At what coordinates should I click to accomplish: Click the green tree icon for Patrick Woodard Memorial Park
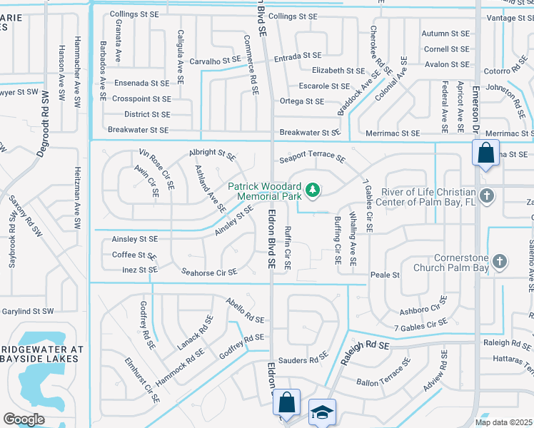pos(311,190)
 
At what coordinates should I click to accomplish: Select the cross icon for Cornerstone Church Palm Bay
pos(499,262)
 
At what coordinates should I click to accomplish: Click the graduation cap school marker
pos(322,412)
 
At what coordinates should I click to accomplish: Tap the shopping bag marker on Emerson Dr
pos(485,153)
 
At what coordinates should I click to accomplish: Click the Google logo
pos(24,419)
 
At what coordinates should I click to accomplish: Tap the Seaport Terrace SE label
pos(313,158)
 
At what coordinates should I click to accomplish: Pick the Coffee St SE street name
pos(134,255)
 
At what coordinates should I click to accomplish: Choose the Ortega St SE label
pos(301,101)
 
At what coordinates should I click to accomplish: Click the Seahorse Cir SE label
pos(209,272)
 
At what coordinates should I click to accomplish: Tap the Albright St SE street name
pos(212,153)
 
